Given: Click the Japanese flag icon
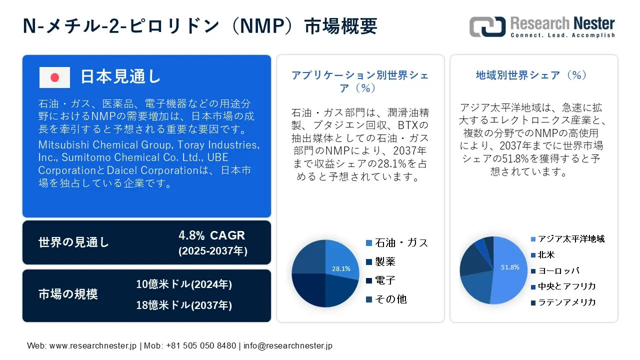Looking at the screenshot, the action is [x=54, y=77].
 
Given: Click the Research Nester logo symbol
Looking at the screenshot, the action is [x=487, y=26].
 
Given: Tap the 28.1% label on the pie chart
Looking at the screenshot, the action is [x=341, y=268].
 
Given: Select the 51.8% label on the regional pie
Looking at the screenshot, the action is [x=510, y=267].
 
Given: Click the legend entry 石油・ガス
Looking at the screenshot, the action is [x=397, y=243].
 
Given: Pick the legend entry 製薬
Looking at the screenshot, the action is [x=381, y=261].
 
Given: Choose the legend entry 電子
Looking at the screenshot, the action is [x=381, y=280].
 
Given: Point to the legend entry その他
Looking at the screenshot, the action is [x=386, y=299].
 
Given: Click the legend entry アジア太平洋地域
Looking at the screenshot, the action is [x=567, y=239].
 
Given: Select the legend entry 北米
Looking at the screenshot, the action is [x=542, y=254].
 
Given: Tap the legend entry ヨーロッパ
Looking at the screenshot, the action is [x=555, y=270].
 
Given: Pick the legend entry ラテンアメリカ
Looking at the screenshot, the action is [x=563, y=302].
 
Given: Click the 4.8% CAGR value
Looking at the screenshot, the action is [x=211, y=235].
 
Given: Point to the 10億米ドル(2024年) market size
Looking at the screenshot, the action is [x=184, y=284].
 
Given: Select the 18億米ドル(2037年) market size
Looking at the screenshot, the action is [x=184, y=305].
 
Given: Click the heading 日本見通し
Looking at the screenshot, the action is [x=121, y=76].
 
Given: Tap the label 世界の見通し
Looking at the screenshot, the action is [x=73, y=242].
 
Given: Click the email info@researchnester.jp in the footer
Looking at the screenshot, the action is [x=288, y=345].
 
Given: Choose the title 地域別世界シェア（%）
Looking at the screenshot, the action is [x=531, y=75].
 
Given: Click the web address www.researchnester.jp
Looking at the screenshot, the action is [x=93, y=345].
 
